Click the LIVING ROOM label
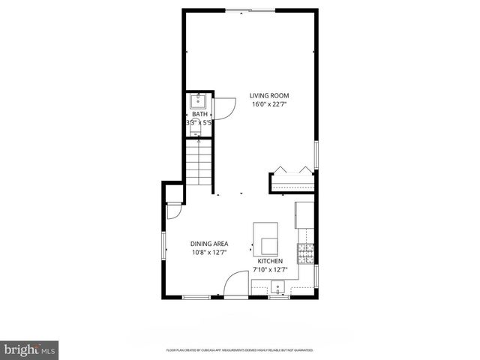click(269, 96)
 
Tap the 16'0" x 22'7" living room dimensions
click(269, 104)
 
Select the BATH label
click(199, 114)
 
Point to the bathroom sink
click(199, 101)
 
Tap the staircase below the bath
click(199, 164)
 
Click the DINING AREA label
click(209, 244)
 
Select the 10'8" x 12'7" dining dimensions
click(209, 252)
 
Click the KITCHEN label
click(270, 261)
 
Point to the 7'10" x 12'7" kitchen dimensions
click(270, 269)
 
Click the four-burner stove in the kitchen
click(305, 254)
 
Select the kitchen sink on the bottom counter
click(278, 286)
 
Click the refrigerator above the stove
click(304, 214)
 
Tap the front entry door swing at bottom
click(235, 283)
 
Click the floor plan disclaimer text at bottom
click(239, 350)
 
